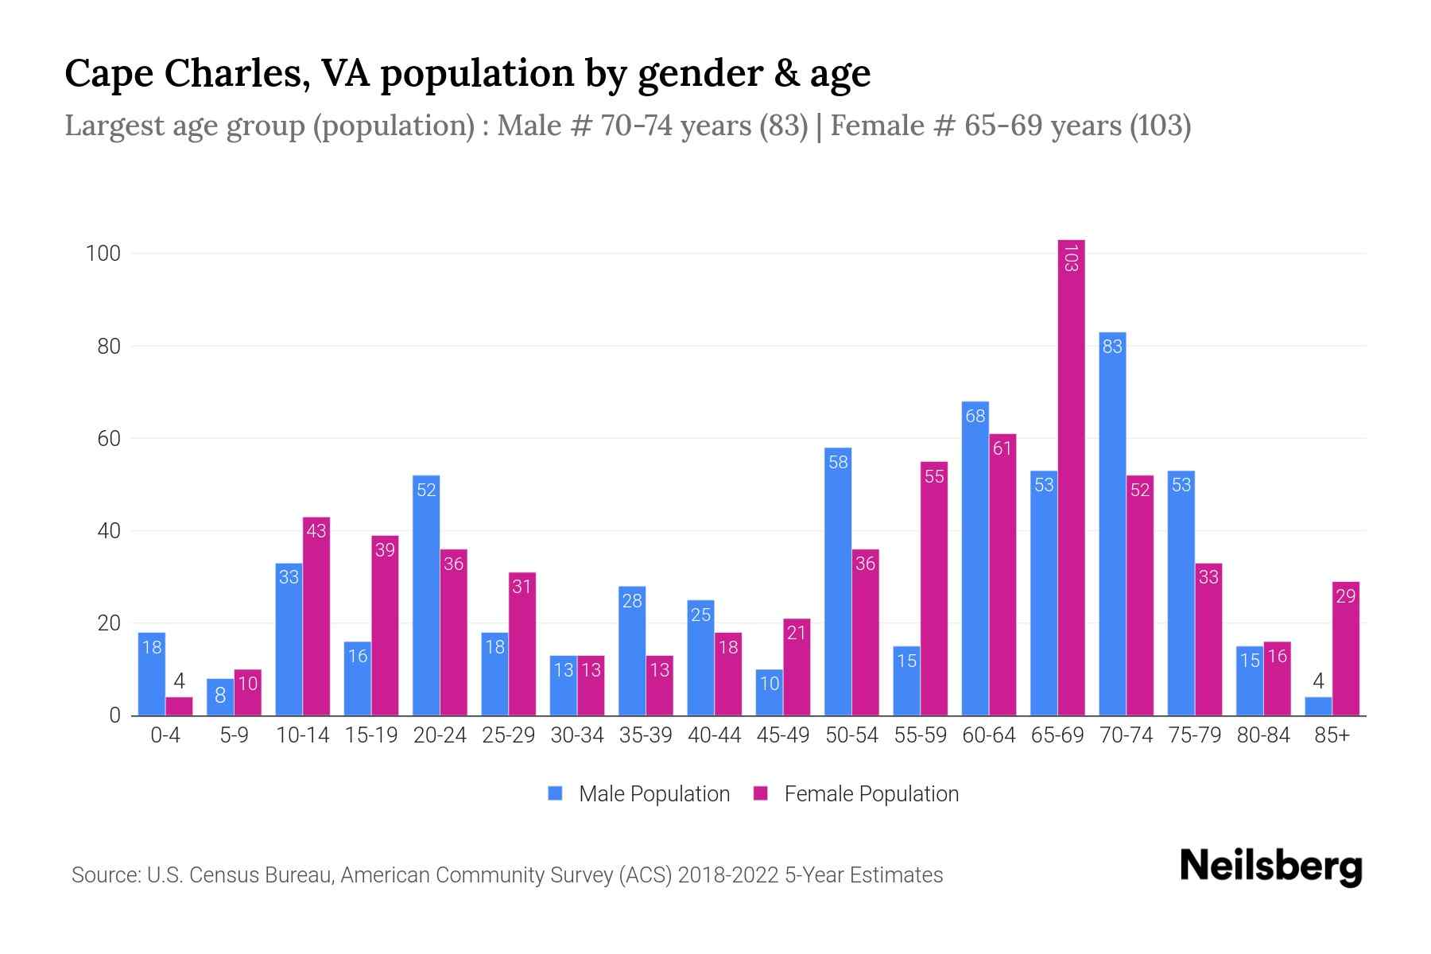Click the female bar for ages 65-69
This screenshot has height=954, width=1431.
click(1071, 477)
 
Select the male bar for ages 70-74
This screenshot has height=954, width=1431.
click(1112, 525)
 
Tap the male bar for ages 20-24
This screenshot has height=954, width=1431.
click(426, 596)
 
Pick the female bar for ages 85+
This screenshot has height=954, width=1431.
click(1345, 649)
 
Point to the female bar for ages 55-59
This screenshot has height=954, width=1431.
click(934, 588)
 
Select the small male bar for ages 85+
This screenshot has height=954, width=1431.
click(1318, 707)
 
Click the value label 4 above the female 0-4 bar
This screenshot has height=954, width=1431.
click(180, 681)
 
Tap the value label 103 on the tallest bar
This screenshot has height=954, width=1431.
click(1071, 258)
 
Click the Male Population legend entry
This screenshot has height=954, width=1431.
click(640, 794)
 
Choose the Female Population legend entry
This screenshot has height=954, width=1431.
click(857, 794)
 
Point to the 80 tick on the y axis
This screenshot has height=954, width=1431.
click(109, 347)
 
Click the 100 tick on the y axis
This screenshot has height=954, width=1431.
click(103, 254)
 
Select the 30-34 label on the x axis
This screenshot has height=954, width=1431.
click(577, 735)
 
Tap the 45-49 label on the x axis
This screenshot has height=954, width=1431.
click(783, 735)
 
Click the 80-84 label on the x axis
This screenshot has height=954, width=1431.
click(1263, 735)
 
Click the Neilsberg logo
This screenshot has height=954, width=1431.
click(1270, 867)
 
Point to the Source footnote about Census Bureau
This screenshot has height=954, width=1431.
click(507, 875)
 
